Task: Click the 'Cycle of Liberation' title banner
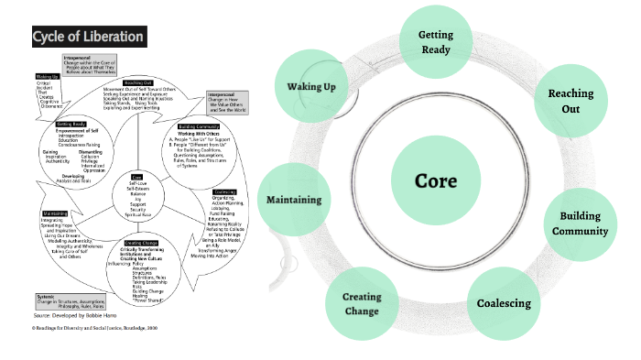click(x=88, y=38)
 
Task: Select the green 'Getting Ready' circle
click(x=436, y=42)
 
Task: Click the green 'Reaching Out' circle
click(x=570, y=101)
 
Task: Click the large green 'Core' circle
click(x=435, y=180)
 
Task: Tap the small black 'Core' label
click(x=136, y=176)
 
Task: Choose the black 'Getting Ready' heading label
click(x=71, y=123)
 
